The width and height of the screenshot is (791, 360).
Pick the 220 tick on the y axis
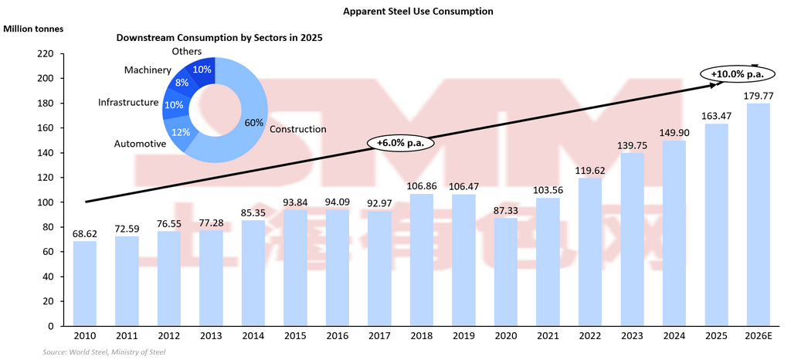coord(45,54)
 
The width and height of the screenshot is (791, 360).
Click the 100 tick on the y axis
coord(45,202)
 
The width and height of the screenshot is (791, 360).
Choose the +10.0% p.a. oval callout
coord(732,73)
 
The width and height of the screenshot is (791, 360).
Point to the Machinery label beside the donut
coord(148,70)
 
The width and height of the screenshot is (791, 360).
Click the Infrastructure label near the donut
coord(128,102)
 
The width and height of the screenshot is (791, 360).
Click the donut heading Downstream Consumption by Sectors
coord(219,37)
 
